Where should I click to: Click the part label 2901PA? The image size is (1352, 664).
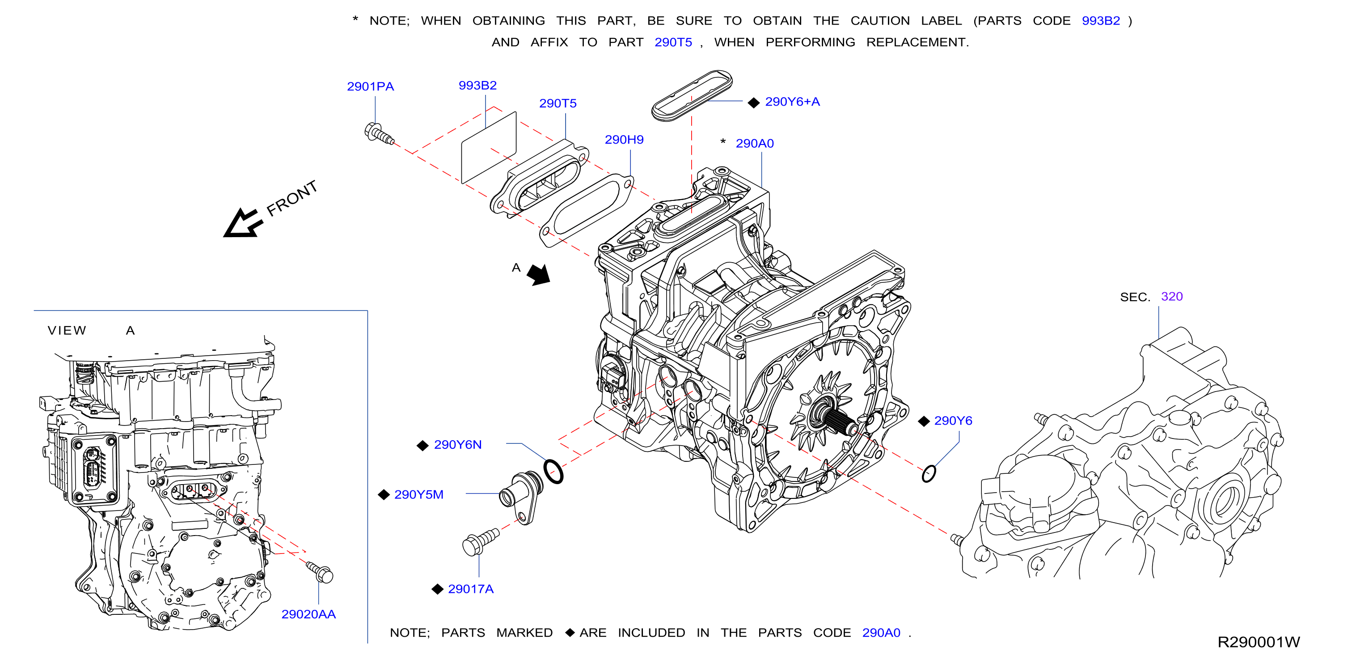click(x=370, y=87)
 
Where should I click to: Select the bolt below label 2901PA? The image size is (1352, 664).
click(x=379, y=133)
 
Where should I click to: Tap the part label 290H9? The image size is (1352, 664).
click(x=624, y=140)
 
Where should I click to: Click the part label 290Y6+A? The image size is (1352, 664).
click(x=792, y=102)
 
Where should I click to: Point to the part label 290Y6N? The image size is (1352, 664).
click(x=458, y=445)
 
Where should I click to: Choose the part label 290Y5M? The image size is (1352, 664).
click(x=418, y=495)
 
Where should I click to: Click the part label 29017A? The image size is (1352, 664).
click(x=471, y=589)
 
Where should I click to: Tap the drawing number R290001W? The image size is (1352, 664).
click(x=1259, y=643)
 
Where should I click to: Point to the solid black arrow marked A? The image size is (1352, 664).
click(x=539, y=274)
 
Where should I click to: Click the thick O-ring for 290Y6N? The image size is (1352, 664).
click(x=553, y=471)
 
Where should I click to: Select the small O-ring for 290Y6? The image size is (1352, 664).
click(x=929, y=474)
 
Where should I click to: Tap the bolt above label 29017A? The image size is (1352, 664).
click(x=480, y=541)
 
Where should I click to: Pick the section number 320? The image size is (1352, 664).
click(x=1172, y=297)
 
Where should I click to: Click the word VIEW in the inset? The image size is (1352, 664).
click(x=67, y=330)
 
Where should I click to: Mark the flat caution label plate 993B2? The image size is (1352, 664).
click(x=489, y=147)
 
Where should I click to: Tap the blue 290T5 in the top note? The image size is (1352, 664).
click(x=673, y=43)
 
